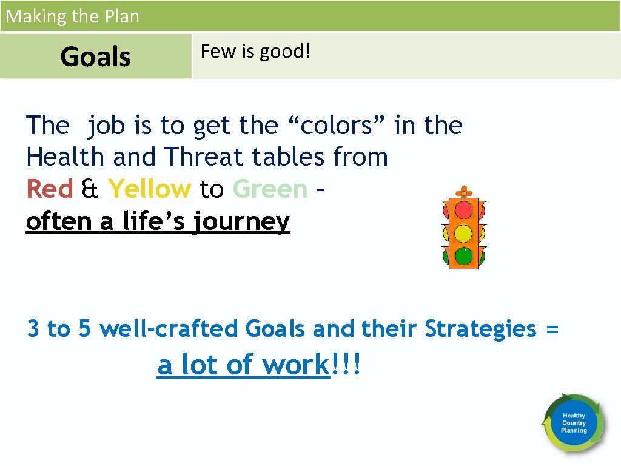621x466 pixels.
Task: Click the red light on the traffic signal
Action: (x=464, y=210)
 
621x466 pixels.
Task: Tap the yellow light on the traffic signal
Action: (x=464, y=233)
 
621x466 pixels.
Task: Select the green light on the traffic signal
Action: (x=464, y=255)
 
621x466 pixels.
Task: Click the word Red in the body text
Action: (x=50, y=189)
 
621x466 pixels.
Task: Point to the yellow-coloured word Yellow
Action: (x=149, y=189)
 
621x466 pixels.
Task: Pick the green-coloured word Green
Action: (x=270, y=189)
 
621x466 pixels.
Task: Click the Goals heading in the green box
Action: (x=96, y=57)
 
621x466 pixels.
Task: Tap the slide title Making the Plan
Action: (x=72, y=16)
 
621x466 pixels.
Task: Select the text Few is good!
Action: (x=255, y=52)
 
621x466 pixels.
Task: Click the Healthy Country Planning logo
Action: (x=574, y=423)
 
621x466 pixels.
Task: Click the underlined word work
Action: (x=295, y=365)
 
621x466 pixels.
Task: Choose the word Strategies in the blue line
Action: (x=481, y=329)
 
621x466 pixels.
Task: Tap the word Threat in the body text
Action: (x=204, y=157)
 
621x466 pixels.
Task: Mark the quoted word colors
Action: (x=340, y=126)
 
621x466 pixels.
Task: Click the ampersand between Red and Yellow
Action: (x=90, y=189)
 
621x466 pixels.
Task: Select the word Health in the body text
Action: (x=65, y=157)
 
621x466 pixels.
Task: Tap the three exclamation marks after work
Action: (x=345, y=365)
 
